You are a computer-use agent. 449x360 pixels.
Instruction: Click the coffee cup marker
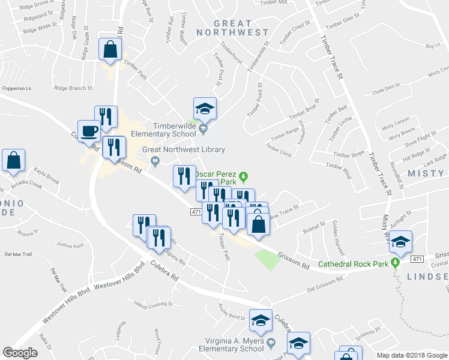tap(89, 131)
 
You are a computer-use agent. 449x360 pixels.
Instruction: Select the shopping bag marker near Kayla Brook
tap(13, 160)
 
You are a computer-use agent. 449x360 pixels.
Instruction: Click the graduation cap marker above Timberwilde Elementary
tap(205, 109)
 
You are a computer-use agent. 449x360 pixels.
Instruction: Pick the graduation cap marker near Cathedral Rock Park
tap(400, 242)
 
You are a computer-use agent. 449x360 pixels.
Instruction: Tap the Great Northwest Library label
tap(183, 150)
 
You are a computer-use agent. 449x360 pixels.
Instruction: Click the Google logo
tap(20, 353)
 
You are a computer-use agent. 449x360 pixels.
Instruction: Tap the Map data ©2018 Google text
tap(411, 355)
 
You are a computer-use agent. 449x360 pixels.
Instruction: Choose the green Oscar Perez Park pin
tap(243, 176)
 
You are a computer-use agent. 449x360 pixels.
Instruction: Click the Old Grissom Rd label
tap(325, 284)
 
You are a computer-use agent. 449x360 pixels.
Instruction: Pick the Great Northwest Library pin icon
tap(155, 160)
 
